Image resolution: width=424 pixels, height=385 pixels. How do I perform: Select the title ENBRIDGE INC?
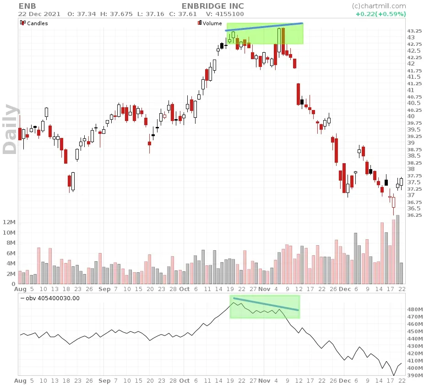point(212,6)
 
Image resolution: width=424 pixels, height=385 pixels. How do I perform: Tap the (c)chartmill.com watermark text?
point(379,6)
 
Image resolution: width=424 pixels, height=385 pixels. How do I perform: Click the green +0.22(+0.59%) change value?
point(381,14)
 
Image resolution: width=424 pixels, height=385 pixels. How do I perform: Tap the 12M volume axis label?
point(9,222)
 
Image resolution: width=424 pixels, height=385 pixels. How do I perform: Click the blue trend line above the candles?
point(264,27)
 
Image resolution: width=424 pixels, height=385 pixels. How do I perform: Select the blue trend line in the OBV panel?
point(266,304)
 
